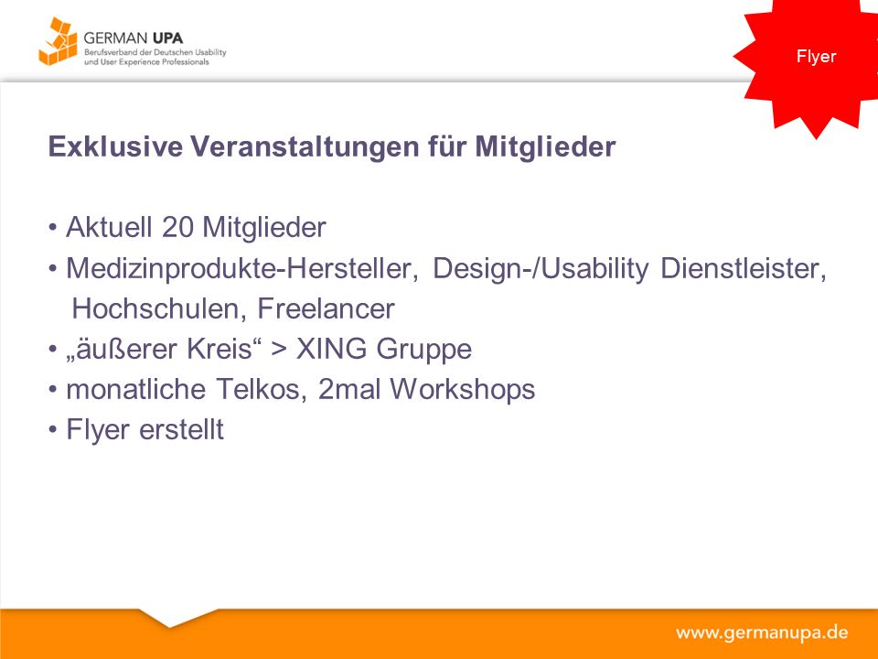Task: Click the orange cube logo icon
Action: tap(58, 41)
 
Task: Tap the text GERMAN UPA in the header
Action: tap(134, 38)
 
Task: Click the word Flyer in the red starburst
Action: tap(816, 57)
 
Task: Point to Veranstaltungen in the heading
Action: tap(305, 147)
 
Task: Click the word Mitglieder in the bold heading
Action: tap(545, 147)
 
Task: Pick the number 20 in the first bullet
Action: tap(177, 228)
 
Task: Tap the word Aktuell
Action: tap(109, 228)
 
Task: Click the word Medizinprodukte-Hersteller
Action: tap(241, 268)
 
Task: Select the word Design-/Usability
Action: tap(541, 269)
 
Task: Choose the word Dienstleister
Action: tap(744, 268)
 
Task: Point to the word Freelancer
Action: tap(326, 308)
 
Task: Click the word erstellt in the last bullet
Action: tap(181, 430)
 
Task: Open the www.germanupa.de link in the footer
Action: tap(762, 633)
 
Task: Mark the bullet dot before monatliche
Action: tap(53, 390)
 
